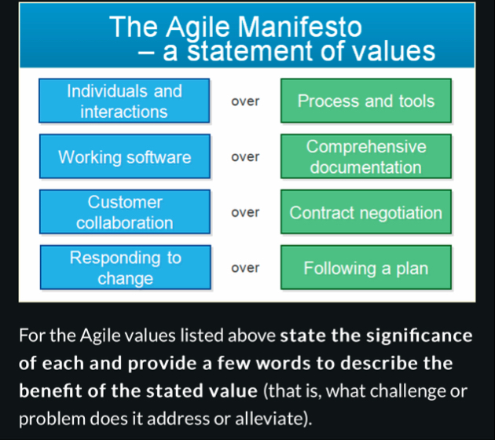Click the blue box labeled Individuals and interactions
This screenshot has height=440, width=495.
124,101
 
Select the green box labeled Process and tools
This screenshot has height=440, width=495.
365,101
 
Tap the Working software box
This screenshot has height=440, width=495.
124,157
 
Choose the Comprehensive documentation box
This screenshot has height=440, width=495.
365,157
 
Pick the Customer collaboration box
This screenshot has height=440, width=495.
124,213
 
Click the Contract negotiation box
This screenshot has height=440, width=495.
365,213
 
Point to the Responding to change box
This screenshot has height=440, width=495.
124,268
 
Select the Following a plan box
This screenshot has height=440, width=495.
365,268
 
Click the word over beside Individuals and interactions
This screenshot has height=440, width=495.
245,101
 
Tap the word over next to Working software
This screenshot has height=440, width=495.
245,157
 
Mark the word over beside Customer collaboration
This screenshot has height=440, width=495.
245,213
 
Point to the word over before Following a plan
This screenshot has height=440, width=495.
245,268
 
